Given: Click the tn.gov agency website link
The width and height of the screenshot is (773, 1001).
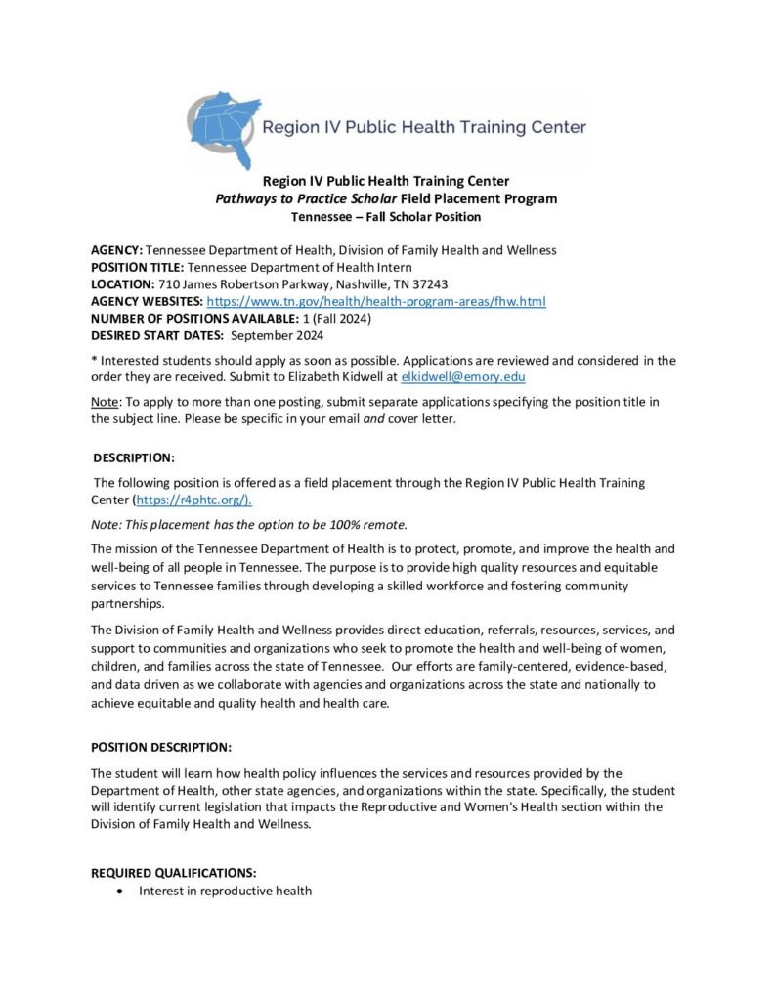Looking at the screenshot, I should tap(376, 302).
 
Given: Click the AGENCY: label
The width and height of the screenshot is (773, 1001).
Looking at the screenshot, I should tap(116, 250).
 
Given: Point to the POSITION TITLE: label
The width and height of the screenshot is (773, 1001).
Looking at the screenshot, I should tap(137, 268).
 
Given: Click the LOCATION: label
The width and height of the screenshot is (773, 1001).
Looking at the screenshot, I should tap(122, 284).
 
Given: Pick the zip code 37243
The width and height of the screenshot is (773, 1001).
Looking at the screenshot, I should tap(428, 284).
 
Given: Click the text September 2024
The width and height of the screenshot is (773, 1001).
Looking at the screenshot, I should tap(277, 336).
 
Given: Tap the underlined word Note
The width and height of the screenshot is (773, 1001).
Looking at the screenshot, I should tap(104, 403).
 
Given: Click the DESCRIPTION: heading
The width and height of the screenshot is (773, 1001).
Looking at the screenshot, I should tap(134, 457).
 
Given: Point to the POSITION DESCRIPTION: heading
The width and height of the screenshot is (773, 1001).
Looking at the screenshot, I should tap(161, 748).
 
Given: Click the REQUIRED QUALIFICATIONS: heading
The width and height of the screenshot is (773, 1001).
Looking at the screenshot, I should tap(174, 872).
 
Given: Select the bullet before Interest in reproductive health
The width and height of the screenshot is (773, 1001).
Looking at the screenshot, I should tap(119, 892).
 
